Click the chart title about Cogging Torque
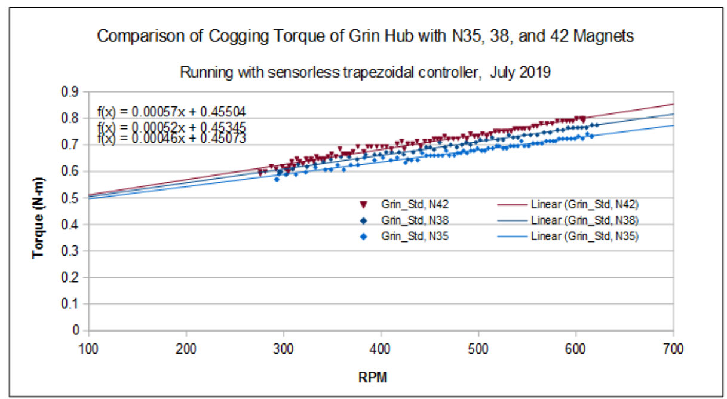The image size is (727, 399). click(x=365, y=37)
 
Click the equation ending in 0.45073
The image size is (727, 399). click(x=172, y=139)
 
